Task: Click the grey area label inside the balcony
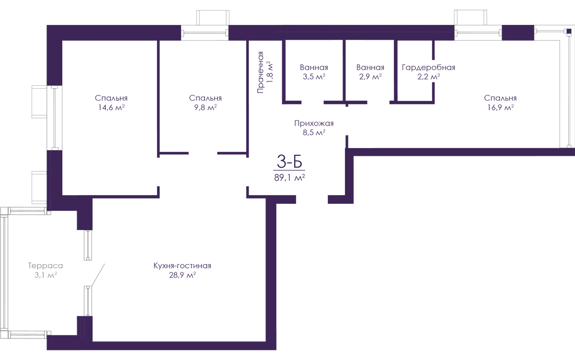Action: [46, 269]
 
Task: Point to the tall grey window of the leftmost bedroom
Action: [47, 117]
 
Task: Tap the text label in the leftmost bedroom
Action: [111, 103]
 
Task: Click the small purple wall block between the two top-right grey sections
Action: [517, 33]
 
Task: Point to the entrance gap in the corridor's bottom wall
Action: [311, 199]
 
